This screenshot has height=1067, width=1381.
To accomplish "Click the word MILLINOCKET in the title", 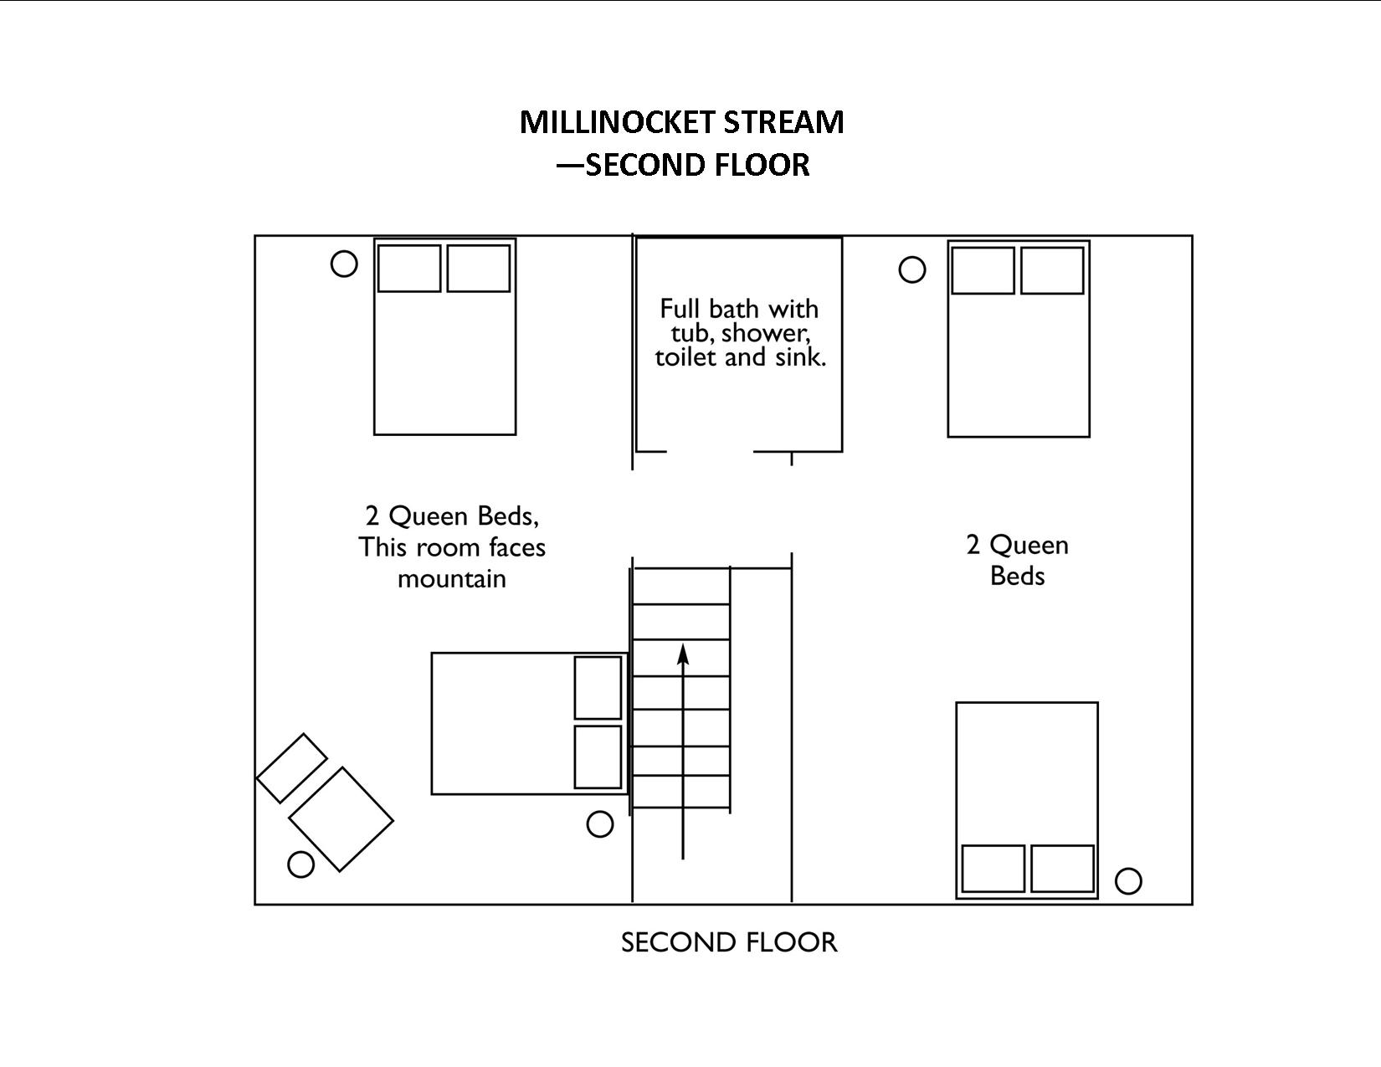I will tap(617, 122).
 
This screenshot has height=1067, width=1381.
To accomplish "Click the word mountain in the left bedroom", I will tap(452, 578).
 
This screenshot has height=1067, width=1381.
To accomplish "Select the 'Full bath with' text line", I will tap(739, 309).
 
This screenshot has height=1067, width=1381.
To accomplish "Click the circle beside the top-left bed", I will tap(344, 264).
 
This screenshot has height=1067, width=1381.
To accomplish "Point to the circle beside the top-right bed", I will tap(912, 269).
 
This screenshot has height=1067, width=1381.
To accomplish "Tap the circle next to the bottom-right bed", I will tap(1128, 880).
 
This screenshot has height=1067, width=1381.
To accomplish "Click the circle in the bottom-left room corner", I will tap(300, 864).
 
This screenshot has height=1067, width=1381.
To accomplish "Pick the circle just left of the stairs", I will tap(600, 824).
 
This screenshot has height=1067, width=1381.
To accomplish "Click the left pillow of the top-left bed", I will tap(409, 268).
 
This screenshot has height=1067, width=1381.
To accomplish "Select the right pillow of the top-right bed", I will tap(1052, 270).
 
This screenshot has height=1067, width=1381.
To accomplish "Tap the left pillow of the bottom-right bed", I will tap(993, 869).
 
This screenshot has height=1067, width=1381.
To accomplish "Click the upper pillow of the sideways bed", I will tap(598, 687).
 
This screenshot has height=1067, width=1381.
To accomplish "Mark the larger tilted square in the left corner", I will tap(341, 819).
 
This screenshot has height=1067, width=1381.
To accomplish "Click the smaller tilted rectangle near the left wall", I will tap(291, 768).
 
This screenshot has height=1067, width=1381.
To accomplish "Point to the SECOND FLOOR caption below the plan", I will tap(729, 942).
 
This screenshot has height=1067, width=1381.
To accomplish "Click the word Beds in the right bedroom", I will tap(1017, 576).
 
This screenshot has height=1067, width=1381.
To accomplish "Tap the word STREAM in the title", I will tap(783, 122).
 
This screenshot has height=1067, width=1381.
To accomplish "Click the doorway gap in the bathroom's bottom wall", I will tap(710, 452).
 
